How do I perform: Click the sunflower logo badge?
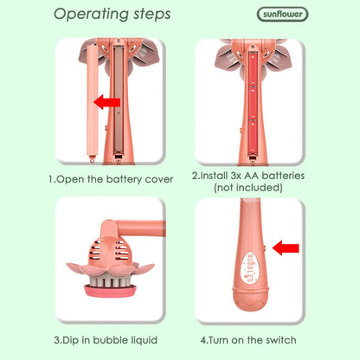pyautogui.click(x=282, y=15)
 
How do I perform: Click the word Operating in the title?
pyautogui.click(x=91, y=15)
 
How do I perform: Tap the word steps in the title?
pyautogui.click(x=152, y=14)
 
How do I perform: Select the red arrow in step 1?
pyautogui.click(x=107, y=102)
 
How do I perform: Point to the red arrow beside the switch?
pyautogui.click(x=286, y=248)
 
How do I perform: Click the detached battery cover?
pyautogui.click(x=93, y=103)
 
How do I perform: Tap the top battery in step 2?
pyautogui.click(x=253, y=68)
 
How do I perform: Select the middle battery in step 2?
pyautogui.click(x=253, y=102)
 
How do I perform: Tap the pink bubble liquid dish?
pyautogui.click(x=110, y=290)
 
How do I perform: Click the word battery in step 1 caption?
pyautogui.click(x=124, y=179)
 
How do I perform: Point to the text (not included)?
pyautogui.click(x=248, y=188)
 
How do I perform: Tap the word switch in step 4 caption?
pyautogui.click(x=281, y=340)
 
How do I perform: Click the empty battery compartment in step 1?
pyautogui.click(x=118, y=100)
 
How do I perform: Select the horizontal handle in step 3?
pyautogui.click(x=141, y=228)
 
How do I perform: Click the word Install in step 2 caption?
pyautogui.click(x=212, y=176)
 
